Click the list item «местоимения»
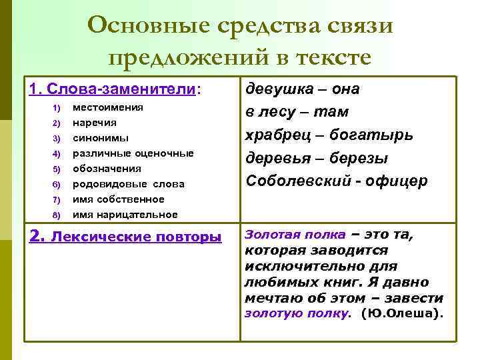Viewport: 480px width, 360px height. point(108,107)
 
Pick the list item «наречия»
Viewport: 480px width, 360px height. point(94,123)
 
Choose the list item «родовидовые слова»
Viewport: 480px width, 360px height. point(128,184)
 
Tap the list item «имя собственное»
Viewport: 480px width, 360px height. point(118,199)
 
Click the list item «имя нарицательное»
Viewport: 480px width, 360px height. point(125,215)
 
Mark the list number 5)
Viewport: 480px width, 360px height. point(56,169)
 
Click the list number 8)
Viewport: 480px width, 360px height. point(56,215)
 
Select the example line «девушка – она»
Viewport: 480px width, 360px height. point(303,89)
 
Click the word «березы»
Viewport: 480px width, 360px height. point(367,158)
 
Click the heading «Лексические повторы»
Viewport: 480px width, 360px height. point(137,237)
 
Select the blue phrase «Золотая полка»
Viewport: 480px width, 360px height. point(295,235)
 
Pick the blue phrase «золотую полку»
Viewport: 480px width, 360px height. point(297,313)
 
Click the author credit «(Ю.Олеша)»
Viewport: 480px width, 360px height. point(401,313)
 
